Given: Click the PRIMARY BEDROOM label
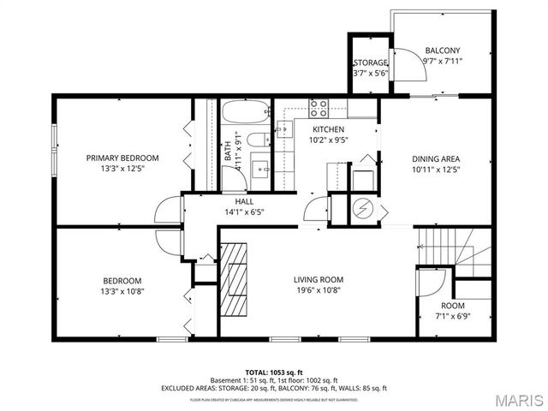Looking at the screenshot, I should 122,158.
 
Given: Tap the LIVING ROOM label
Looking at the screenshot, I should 318,279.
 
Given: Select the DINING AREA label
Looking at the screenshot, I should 437,158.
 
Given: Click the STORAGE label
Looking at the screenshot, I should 370,63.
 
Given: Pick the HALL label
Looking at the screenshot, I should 244,200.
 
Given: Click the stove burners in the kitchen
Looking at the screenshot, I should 319,107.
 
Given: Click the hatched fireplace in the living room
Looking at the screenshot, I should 234,278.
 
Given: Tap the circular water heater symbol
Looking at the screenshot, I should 364,207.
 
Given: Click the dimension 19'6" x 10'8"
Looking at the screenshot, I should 318,290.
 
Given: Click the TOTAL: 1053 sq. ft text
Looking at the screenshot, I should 274,372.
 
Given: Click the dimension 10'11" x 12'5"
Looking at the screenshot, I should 437,170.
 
